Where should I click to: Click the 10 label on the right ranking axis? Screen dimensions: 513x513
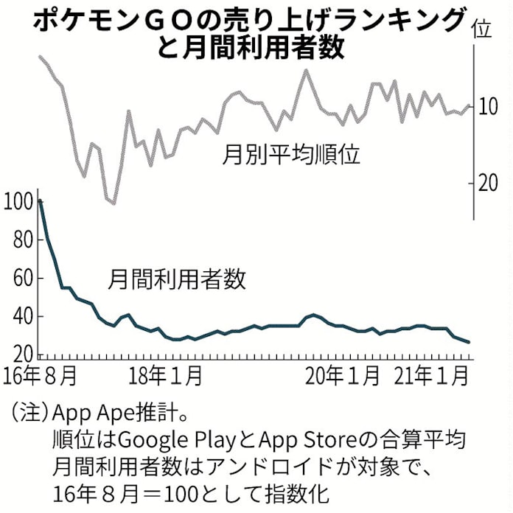488,108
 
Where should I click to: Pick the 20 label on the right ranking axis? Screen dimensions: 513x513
488,183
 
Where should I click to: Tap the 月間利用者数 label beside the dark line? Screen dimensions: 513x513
178,279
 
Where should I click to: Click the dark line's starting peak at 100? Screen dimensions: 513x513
39,200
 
